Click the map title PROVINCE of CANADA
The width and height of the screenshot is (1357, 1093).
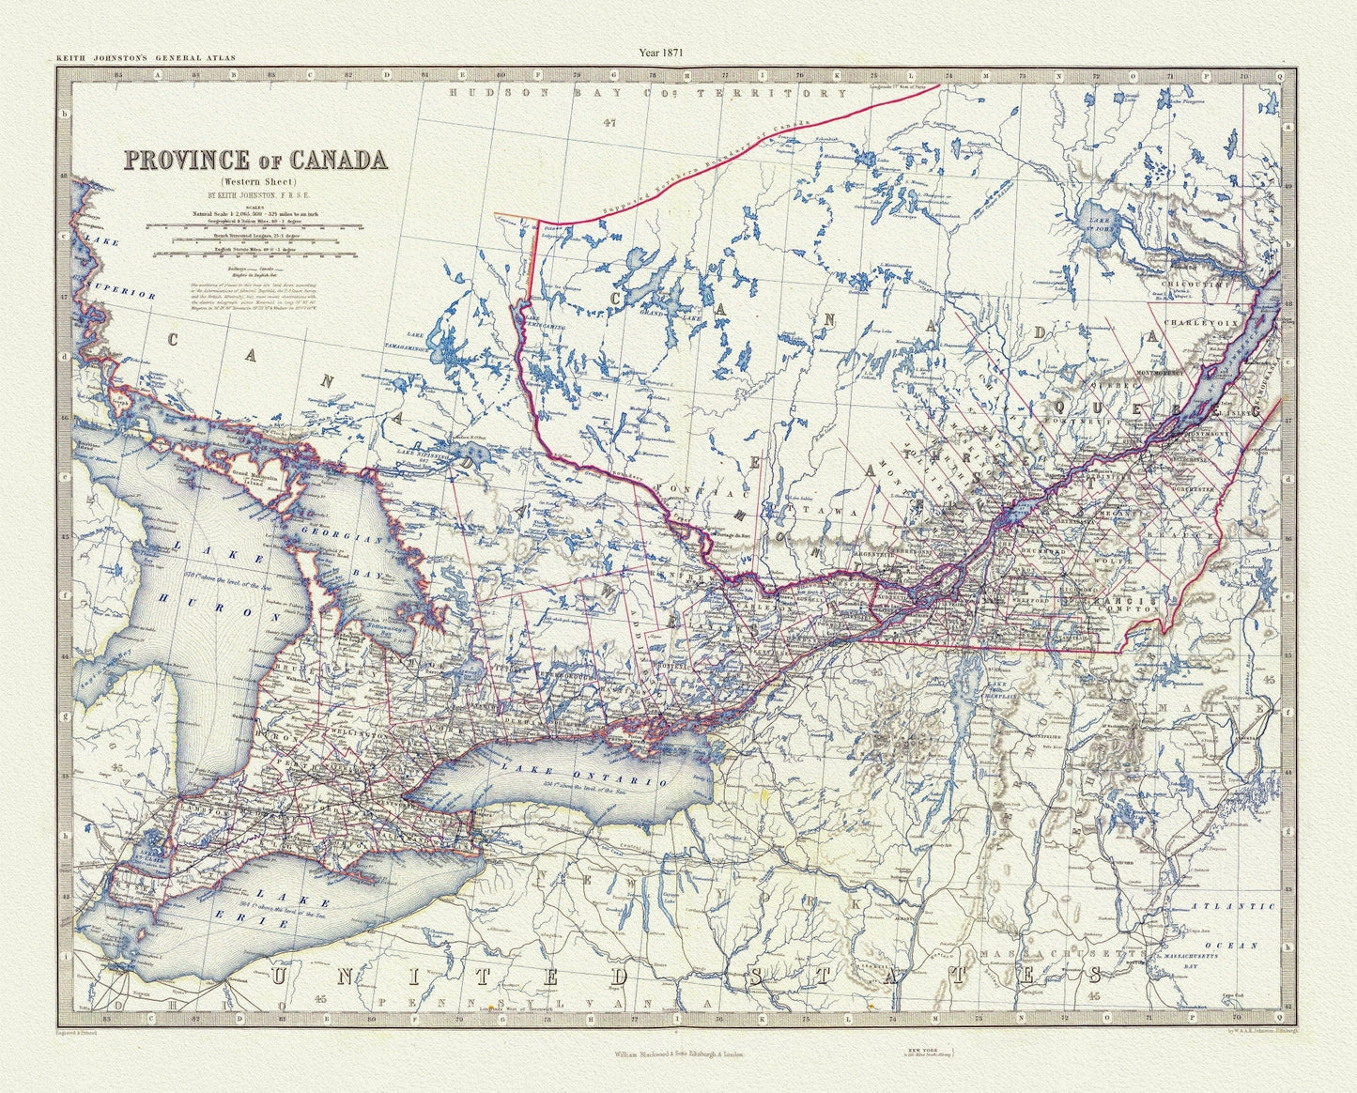coord(256,160)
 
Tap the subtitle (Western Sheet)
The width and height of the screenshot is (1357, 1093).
coord(255,180)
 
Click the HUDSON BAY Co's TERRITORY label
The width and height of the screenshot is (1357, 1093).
coord(648,94)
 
